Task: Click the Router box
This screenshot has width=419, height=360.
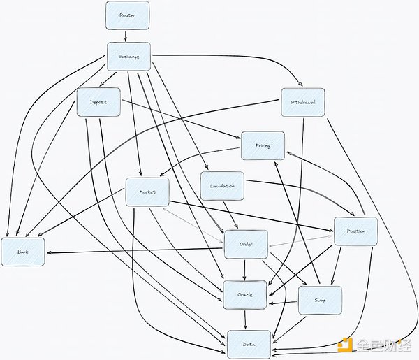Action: pos(127,15)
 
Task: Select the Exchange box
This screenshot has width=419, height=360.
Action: pos(128,57)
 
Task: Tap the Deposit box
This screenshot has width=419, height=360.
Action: pos(98,102)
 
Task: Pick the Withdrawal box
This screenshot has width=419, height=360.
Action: pos(302,103)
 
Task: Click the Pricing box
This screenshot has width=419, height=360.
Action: pos(263,145)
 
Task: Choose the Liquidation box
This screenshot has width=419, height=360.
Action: pos(222,186)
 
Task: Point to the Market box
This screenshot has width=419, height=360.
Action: pos(147,192)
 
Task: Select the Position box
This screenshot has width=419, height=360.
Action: pos(355,231)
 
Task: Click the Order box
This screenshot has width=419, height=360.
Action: pos(245,244)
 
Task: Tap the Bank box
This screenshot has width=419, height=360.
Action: pos(23,252)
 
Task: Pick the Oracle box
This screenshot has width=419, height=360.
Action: pos(244,294)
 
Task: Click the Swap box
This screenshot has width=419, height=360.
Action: pos(319,300)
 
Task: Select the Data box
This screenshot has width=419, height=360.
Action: pos(248,344)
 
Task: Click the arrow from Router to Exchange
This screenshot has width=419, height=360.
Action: pos(126,36)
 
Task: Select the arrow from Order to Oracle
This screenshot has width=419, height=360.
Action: pos(244,269)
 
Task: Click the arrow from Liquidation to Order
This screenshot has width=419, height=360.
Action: pos(232,216)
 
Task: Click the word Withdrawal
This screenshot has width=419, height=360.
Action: pos(302,103)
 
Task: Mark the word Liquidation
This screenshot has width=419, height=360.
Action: pos(222,186)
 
